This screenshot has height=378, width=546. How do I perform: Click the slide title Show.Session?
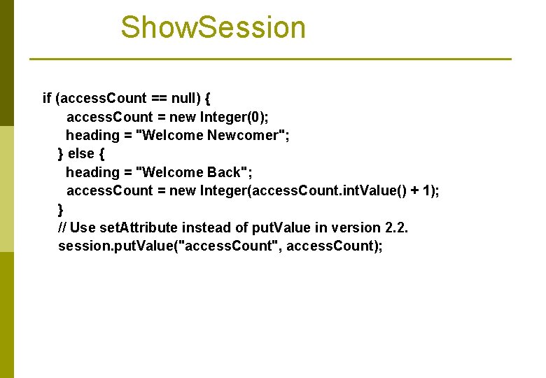pyautogui.click(x=213, y=28)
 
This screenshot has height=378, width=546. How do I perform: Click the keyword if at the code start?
pyautogui.click(x=47, y=98)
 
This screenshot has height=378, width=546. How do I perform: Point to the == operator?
pyautogui.click(x=159, y=98)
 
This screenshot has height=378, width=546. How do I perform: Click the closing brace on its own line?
pyautogui.click(x=61, y=209)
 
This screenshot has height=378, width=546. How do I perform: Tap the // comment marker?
pyautogui.click(x=62, y=227)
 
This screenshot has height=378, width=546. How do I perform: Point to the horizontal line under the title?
pyautogui.click(x=270, y=59)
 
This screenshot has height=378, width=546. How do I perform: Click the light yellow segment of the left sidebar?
pyautogui.click(x=6, y=189)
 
